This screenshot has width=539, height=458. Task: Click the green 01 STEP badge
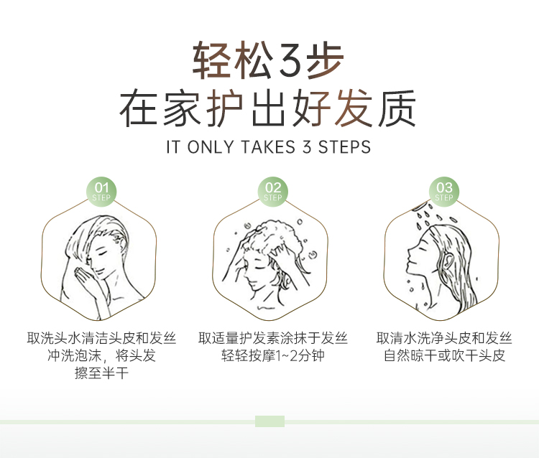tap(101, 192)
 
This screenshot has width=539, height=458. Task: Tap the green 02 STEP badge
tap(273, 192)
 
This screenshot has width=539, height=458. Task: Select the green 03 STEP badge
tap(444, 192)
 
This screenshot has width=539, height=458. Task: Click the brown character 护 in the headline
tap(225, 108)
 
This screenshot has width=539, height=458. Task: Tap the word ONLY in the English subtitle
tap(211, 147)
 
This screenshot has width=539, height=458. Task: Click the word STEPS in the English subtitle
tap(344, 147)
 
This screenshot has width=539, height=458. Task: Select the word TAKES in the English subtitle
tap(268, 147)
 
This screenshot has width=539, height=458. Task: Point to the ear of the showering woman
tap(448, 261)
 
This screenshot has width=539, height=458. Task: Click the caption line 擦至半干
tap(101, 373)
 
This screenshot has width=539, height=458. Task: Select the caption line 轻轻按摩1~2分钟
tap(273, 355)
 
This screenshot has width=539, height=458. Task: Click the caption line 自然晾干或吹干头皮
tap(444, 355)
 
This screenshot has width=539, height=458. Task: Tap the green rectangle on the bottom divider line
tap(269, 421)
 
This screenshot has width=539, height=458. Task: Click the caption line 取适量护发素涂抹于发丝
tap(273, 338)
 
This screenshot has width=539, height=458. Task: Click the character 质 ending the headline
tap(397, 108)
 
